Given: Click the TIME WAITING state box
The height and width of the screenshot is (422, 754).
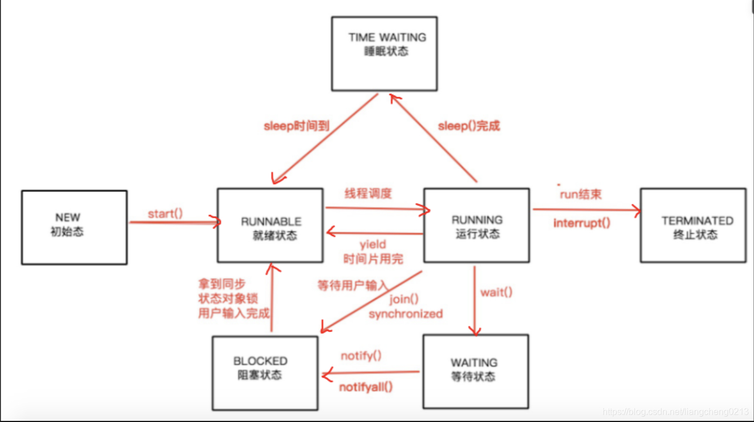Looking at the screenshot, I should coord(385,53).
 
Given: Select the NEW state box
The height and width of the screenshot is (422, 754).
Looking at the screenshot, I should coord(74,227).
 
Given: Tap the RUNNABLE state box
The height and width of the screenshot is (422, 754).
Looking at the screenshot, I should coord(270,226).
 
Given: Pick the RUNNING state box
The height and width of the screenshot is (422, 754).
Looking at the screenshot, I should coord(476,225).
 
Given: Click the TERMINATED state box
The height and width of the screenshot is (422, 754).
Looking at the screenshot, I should coord(693,225).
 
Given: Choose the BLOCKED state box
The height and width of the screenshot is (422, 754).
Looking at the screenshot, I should coord(265,373).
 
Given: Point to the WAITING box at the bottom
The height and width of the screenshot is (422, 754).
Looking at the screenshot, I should coord(476,371).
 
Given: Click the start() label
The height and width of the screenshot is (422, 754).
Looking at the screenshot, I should coord(166,214).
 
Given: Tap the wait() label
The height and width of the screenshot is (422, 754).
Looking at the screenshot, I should coord(496,293).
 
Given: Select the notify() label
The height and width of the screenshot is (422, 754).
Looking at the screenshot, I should coord(361,356).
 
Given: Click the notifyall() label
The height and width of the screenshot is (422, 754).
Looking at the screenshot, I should coord(366,387).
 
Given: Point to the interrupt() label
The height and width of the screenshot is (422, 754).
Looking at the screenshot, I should coord(582,223).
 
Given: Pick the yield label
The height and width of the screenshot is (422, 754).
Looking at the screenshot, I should coord(373,244).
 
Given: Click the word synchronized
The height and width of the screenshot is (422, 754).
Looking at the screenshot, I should coord(405,314).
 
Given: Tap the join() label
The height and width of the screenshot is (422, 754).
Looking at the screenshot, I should coord(404,299).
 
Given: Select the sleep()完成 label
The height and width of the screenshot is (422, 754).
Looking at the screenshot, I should coord(469,126).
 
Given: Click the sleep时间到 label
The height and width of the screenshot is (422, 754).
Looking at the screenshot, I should coord(296,126).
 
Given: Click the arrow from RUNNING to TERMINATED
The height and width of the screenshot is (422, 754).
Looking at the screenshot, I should coord(586,210).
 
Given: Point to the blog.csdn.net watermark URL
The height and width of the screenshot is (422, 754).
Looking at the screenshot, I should coord(676,412).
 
